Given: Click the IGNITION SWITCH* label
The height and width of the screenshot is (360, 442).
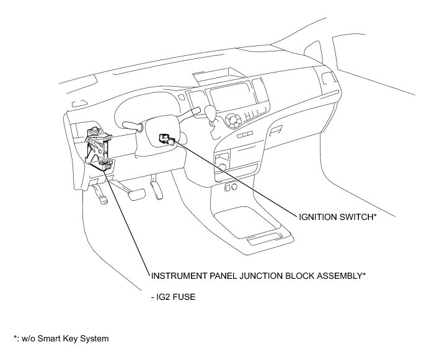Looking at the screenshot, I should pos(337,216).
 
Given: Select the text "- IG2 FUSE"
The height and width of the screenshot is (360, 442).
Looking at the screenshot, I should pos(173,297).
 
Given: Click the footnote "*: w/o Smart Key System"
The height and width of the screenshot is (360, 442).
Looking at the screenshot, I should pos(61,338).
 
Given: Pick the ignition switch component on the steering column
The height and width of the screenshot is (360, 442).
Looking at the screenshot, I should pos(166,138).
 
